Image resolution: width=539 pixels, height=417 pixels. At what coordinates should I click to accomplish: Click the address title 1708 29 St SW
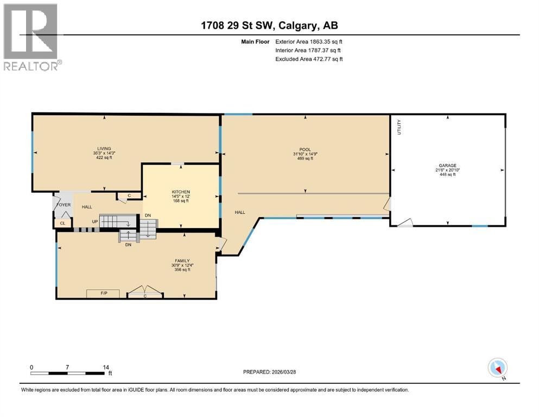[x=237, y=25]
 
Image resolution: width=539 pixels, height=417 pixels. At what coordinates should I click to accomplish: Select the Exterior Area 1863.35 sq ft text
[x=309, y=42]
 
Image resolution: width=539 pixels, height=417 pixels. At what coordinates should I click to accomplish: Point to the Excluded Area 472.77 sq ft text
[x=309, y=59]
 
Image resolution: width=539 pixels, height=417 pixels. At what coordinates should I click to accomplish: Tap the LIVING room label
[x=104, y=149]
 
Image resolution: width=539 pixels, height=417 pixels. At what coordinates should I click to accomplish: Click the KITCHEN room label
[x=181, y=192]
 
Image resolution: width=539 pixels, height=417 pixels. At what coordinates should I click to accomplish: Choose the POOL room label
[x=305, y=149]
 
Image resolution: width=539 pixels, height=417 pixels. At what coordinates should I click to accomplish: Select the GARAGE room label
[x=447, y=166]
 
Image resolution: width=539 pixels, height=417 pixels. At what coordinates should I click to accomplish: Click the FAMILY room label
[x=182, y=261]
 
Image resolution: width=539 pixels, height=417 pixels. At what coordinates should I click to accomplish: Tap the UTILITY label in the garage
[x=399, y=127]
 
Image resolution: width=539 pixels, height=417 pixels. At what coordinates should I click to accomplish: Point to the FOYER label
[x=64, y=205]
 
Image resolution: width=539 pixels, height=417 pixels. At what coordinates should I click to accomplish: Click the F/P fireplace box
[x=103, y=293]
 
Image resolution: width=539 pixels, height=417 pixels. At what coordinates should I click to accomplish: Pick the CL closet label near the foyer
[x=62, y=223]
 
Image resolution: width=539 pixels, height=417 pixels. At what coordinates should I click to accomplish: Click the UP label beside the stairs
[x=95, y=222]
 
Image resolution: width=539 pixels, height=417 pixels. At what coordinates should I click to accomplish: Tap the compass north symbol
[x=497, y=368]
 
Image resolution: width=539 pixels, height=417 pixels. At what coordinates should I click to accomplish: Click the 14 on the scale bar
[x=106, y=367]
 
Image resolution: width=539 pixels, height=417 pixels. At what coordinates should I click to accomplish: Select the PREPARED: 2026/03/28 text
[x=269, y=371]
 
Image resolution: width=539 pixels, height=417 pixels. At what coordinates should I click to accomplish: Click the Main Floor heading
[x=255, y=42]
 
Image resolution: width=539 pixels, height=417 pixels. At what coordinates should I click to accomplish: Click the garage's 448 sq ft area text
[x=448, y=174]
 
